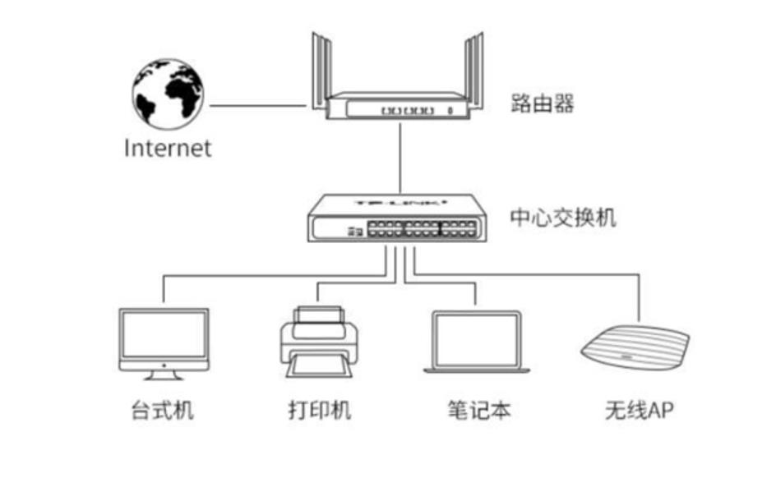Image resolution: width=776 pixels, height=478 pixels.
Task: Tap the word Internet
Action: pos(168,148)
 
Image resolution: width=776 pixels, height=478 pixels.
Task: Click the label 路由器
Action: pos(542,103)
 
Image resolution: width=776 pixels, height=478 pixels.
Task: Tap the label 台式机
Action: pos(163,411)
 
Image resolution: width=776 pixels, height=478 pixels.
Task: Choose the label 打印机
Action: pos(319,411)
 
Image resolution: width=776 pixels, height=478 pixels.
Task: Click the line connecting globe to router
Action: pos(256,105)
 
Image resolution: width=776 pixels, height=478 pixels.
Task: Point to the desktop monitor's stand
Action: pos(164,374)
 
